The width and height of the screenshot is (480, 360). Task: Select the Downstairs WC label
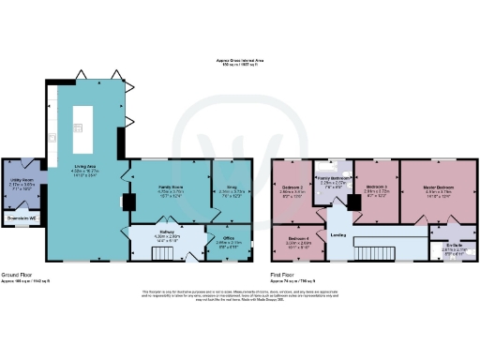pos(21,218)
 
